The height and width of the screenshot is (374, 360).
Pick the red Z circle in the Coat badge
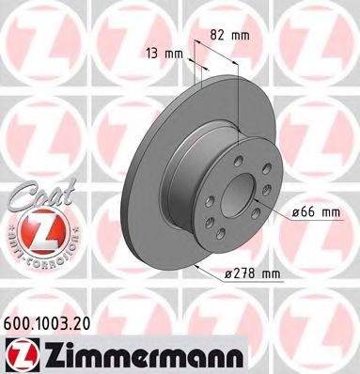pyautogui.click(x=33, y=229)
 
